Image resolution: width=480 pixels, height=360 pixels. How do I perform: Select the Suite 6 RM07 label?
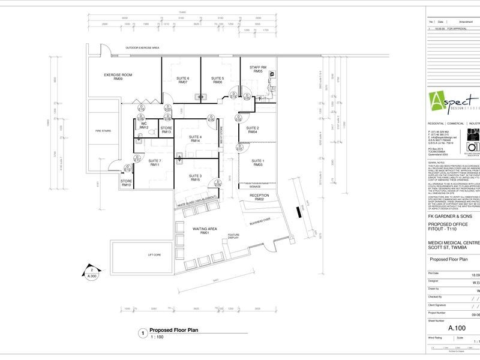click(183, 80)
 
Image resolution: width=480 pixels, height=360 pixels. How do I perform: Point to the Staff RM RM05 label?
click(259, 69)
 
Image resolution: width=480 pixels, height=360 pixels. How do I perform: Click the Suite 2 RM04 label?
click(253, 130)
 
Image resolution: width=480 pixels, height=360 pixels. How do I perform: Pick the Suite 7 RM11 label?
click(155, 163)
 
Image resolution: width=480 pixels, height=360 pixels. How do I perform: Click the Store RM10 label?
click(126, 183)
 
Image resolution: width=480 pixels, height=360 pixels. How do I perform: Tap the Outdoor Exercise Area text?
click(142, 47)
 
